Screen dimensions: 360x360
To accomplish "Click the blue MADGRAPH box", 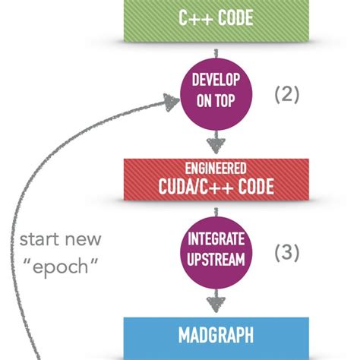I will tap(216, 335).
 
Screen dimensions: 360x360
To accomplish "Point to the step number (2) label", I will tap(287, 95).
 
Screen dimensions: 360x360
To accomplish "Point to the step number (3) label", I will tap(287, 251).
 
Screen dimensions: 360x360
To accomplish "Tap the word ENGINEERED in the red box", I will tap(216, 168).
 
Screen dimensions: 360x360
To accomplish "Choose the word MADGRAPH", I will tap(216, 335).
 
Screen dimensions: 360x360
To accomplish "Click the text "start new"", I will tap(61, 240).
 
